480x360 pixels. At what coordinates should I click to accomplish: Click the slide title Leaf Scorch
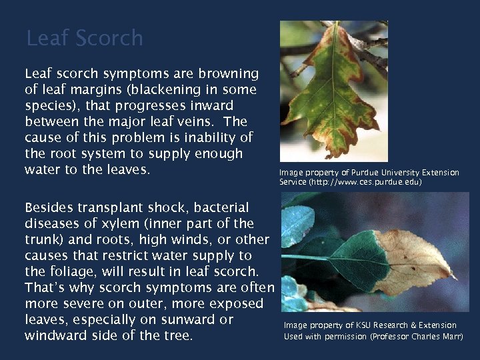tap(84, 38)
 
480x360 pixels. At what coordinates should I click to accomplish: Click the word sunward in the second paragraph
tap(193, 319)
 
